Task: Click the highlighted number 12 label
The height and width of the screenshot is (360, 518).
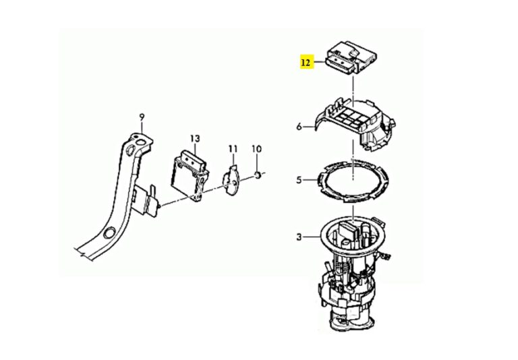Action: click(x=306, y=63)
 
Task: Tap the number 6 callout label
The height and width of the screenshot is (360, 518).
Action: click(x=299, y=126)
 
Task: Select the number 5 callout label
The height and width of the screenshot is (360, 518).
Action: click(x=299, y=181)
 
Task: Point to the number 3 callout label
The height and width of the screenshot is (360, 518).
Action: click(x=299, y=237)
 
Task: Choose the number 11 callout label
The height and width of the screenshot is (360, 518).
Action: click(x=233, y=148)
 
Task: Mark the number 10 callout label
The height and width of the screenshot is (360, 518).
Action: click(x=256, y=148)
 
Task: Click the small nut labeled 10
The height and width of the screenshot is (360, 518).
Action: click(x=258, y=177)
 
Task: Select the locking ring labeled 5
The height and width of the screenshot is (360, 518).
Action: click(x=354, y=181)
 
